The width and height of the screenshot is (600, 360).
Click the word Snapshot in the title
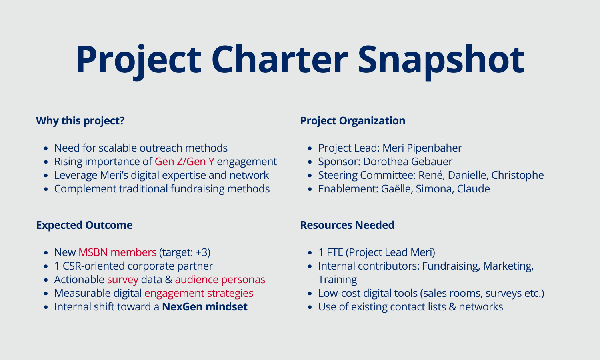coord(441,60)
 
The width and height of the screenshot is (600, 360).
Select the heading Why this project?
coord(80,121)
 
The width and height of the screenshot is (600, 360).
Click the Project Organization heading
coord(352,121)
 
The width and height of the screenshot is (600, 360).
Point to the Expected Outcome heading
coord(84,225)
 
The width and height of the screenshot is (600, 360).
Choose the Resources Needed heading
coord(347,225)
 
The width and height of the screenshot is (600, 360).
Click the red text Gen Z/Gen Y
coord(184,162)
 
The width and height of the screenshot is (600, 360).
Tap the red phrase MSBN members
coord(117,252)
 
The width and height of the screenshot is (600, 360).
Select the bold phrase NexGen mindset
coord(204,307)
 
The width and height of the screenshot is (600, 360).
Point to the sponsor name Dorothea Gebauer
coord(408,162)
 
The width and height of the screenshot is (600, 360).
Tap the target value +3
coord(202,252)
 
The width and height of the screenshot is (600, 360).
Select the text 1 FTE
coord(330,252)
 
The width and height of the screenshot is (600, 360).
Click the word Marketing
coord(508,266)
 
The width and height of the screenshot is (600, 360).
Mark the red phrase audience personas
coord(220,280)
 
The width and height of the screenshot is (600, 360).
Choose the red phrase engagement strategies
coord(199,293)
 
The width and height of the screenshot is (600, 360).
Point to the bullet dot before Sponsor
coord(310,162)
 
